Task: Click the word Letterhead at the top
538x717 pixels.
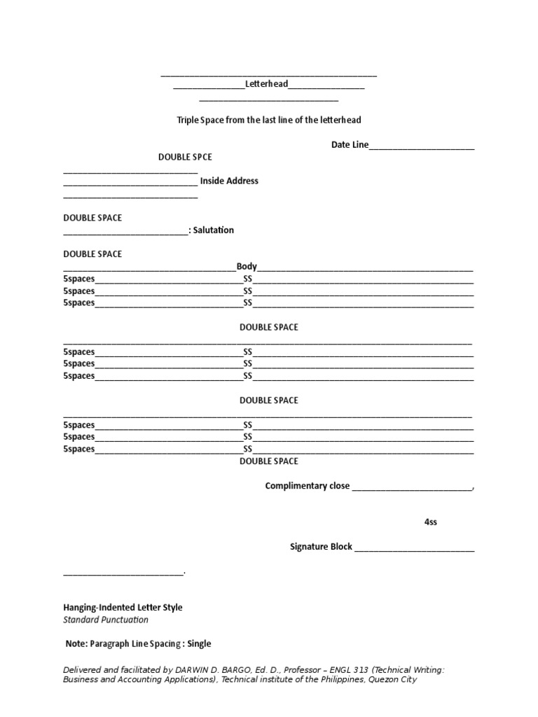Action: [267, 84]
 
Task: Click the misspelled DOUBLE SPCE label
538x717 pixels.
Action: [185, 157]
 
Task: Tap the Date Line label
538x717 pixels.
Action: [350, 145]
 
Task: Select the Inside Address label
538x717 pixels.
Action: [229, 181]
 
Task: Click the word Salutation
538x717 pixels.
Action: [214, 230]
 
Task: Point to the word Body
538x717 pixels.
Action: [247, 267]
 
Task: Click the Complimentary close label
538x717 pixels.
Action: [307, 486]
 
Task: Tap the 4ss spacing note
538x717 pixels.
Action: [431, 522]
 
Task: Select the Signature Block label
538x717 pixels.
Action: [321, 547]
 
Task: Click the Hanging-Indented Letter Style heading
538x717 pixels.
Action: [123, 608]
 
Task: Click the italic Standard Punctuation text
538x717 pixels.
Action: [106, 620]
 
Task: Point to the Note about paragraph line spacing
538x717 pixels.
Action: [137, 643]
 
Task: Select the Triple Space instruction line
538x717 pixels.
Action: [268, 120]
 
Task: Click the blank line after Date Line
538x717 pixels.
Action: [422, 146]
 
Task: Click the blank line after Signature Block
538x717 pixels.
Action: [414, 548]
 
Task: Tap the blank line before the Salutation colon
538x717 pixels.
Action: [125, 232]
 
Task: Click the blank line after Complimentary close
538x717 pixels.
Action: [411, 487]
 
